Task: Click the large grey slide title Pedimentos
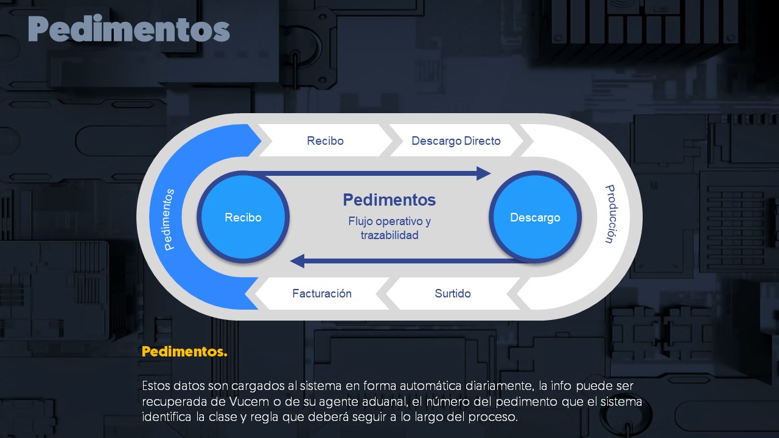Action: (x=128, y=29)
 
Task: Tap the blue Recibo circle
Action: (x=243, y=217)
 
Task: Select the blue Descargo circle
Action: (x=535, y=217)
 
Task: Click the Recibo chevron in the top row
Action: (x=325, y=141)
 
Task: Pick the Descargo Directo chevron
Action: (x=456, y=141)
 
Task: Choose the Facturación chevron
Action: (x=322, y=293)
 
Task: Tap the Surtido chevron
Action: (x=452, y=293)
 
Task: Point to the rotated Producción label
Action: (x=610, y=214)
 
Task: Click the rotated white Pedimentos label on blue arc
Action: (x=169, y=220)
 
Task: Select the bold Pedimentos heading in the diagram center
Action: (x=389, y=200)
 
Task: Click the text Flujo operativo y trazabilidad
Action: (x=389, y=228)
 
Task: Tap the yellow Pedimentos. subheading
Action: (x=184, y=352)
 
